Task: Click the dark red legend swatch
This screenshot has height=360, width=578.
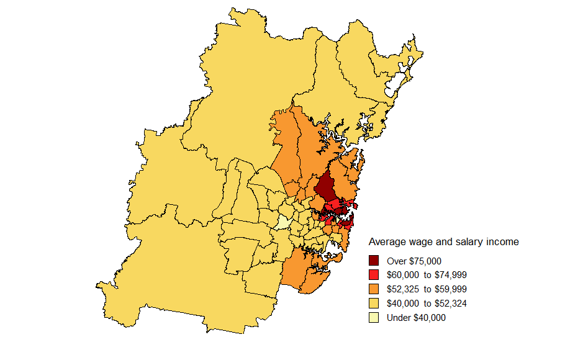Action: tap(374, 261)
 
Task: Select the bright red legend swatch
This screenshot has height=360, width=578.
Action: tap(374, 275)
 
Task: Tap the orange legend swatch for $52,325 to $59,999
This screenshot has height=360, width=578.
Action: tap(374, 289)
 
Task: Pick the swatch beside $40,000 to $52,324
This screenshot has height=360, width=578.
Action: tap(374, 304)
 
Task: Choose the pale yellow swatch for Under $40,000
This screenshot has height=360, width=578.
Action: tap(374, 318)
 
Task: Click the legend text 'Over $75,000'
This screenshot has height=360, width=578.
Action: tap(414, 261)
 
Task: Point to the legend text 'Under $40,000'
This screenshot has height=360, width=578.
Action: tap(416, 318)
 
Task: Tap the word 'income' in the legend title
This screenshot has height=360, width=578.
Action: tap(502, 241)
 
